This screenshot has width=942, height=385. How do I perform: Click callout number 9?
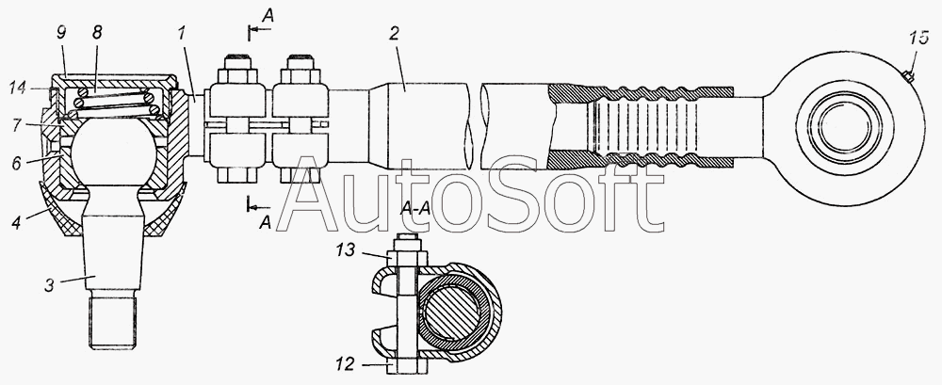tap(62, 33)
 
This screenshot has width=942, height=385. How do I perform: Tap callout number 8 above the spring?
tap(97, 33)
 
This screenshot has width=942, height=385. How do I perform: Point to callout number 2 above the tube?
tap(394, 34)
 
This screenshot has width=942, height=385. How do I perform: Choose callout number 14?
tap(18, 88)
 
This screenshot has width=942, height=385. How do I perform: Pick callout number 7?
tap(17, 125)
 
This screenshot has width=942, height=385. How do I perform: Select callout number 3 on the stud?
tap(50, 285)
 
